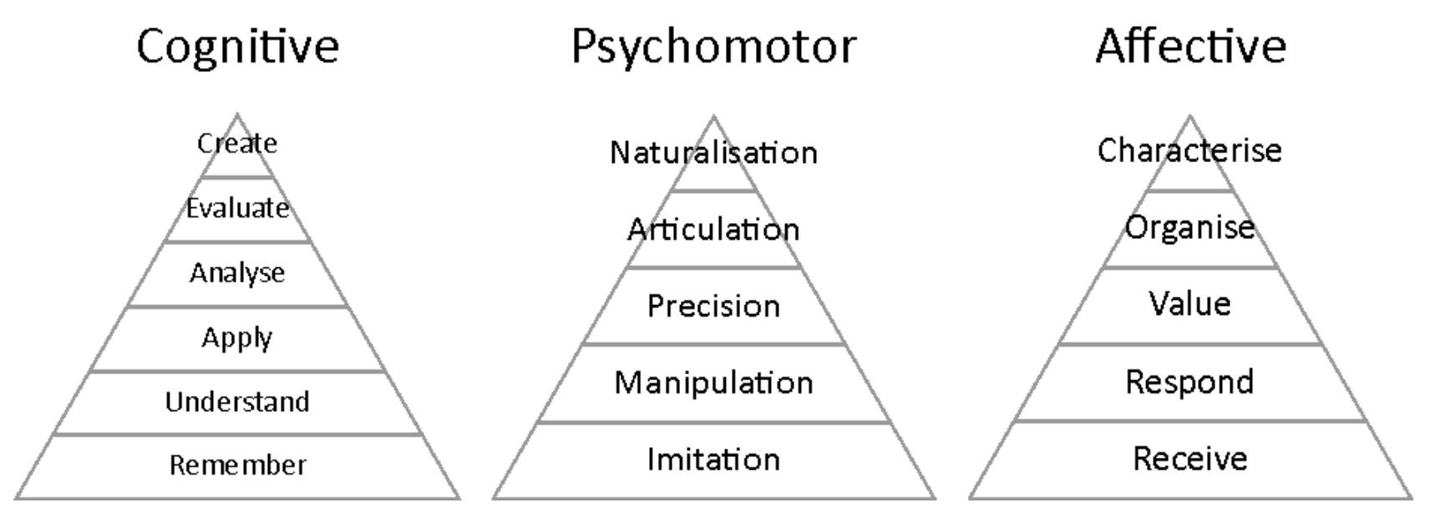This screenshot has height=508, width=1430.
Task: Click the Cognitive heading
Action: tap(237, 47)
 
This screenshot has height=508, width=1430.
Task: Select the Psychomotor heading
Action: tap(713, 47)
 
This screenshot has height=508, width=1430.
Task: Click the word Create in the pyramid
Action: tap(237, 144)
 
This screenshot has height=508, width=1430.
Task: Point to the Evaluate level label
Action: tap(237, 208)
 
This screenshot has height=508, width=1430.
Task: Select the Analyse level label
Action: tap(237, 273)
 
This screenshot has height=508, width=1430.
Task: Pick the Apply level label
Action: tap(237, 338)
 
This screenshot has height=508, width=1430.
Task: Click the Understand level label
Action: tap(237, 402)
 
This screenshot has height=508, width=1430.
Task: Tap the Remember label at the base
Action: tap(237, 465)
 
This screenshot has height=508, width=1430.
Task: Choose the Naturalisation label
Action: tap(713, 153)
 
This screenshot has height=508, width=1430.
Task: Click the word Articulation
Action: tap(713, 230)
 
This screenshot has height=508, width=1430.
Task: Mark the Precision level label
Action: tap(713, 307)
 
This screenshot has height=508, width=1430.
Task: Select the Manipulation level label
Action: tap(713, 384)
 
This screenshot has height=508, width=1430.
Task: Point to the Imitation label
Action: tap(713, 460)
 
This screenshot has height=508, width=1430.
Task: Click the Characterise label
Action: tap(1189, 151)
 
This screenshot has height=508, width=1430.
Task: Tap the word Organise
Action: tap(1189, 227)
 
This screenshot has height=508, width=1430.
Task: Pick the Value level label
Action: tap(1189, 304)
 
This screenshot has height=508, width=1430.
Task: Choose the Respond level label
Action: tap(1189, 383)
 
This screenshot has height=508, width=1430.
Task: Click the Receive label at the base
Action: tap(1189, 459)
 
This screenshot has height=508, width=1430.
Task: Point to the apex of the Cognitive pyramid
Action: tap(237, 115)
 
